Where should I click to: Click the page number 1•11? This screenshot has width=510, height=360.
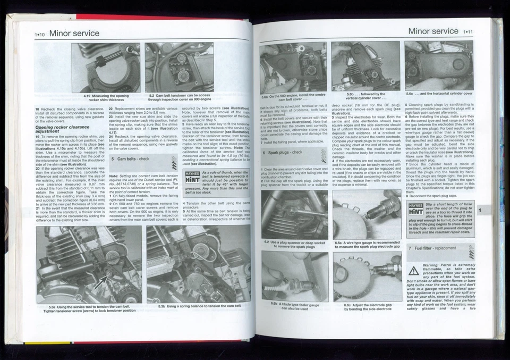coord(469,31)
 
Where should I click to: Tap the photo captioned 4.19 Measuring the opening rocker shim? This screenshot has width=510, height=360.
coord(106,68)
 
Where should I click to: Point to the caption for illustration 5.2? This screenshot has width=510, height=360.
coord(179,98)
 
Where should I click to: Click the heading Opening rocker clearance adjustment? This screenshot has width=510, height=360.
coord(59,129)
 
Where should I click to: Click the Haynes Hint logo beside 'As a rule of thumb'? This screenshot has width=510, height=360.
coord(191,177)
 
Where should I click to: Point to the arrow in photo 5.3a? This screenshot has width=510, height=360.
coord(101,280)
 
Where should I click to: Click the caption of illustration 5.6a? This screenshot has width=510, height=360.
coord(293,97)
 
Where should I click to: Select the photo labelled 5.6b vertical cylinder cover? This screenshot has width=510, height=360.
coord(365,66)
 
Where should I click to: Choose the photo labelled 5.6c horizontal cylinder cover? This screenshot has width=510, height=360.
coord(438,66)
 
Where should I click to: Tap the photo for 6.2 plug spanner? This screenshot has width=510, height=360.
coord(294,214)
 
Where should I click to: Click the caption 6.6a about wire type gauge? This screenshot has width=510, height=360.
coord(367,245)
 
